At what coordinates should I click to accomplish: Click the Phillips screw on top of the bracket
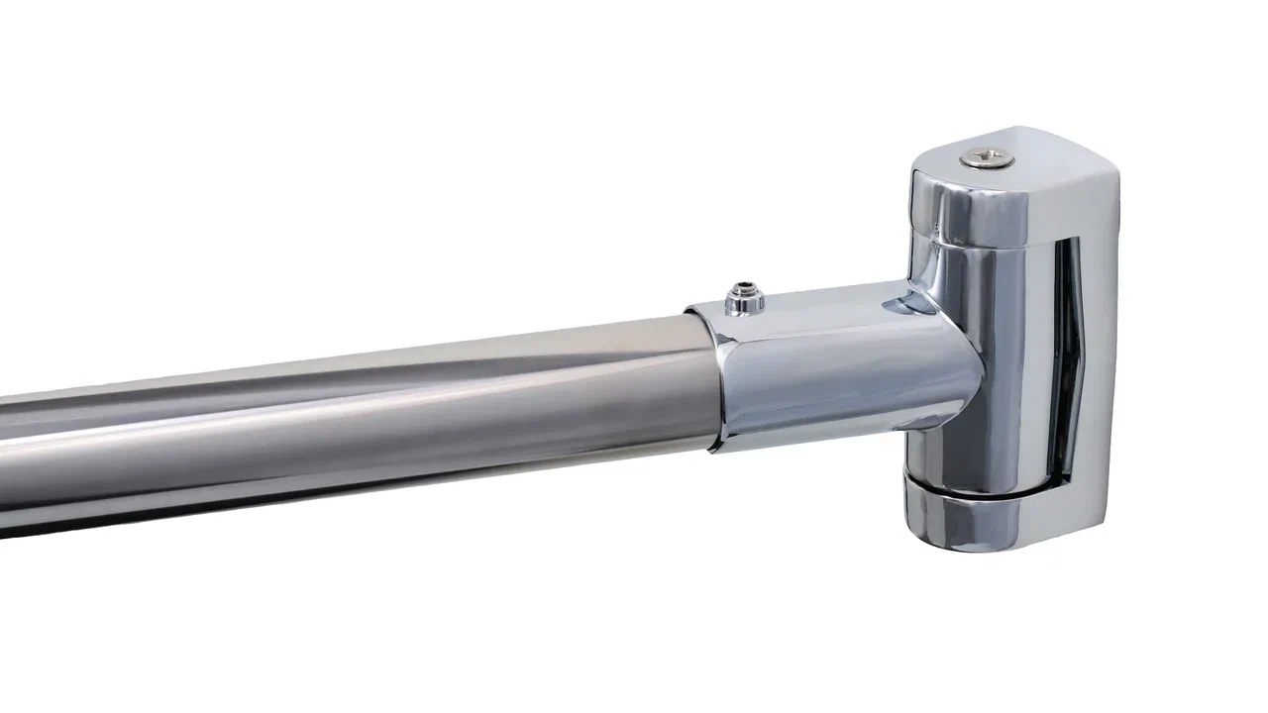point(987,156)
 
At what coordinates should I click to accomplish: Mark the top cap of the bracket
point(1010,188)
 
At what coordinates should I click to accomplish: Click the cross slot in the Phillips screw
point(987,155)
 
